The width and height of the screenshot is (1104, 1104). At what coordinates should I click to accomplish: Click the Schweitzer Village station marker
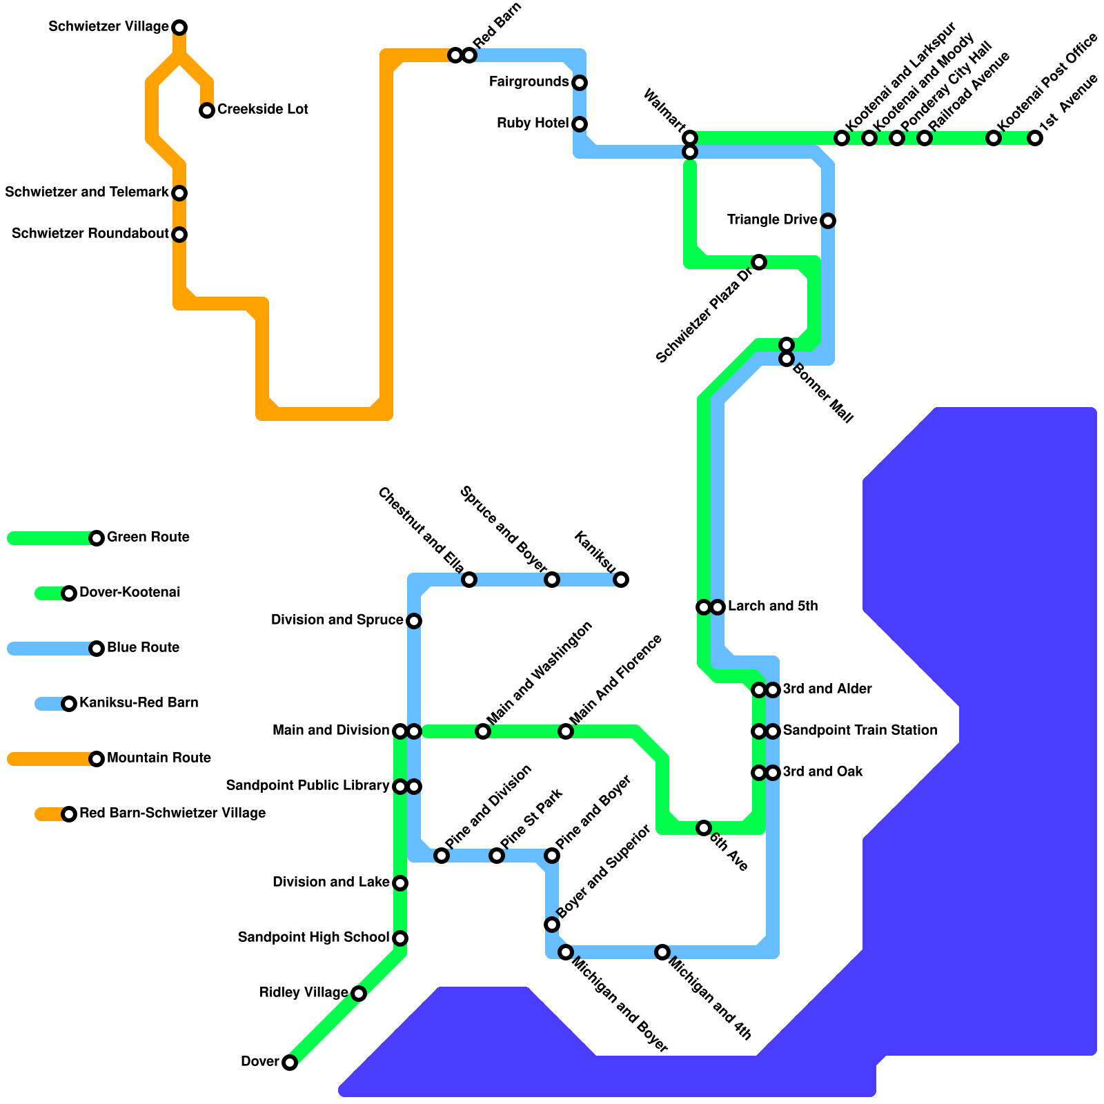coord(179,28)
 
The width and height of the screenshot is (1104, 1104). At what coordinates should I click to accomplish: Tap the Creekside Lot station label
coord(262,110)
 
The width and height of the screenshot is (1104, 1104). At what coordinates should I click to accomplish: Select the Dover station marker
coord(290,1063)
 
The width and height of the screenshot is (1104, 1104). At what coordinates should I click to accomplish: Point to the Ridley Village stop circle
coord(359,994)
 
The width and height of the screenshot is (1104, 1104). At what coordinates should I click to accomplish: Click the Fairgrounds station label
coord(529,82)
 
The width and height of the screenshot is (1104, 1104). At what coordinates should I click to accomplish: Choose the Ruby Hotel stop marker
coord(580,124)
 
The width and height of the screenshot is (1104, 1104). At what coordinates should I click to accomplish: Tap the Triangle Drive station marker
coord(828,221)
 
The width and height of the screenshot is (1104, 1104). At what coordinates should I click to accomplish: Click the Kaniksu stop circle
coord(621,580)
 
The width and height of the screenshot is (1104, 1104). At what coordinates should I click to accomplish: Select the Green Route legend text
coord(148,538)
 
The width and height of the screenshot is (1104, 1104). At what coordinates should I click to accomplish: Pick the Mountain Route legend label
coord(159,758)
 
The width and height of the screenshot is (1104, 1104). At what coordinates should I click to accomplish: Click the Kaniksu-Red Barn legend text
coord(139,703)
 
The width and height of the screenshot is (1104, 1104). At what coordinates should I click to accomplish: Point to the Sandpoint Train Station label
coord(860,731)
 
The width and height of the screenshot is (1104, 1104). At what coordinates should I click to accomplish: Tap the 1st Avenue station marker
coord(1035,138)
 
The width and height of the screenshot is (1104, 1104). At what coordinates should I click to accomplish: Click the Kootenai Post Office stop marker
coord(994,138)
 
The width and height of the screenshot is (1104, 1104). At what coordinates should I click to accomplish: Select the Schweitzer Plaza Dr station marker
coord(759,262)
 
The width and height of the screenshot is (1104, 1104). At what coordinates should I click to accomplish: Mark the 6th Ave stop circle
coord(704,828)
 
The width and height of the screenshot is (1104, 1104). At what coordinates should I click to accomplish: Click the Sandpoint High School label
coord(313,938)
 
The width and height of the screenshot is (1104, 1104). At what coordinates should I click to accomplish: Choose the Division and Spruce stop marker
coord(414,621)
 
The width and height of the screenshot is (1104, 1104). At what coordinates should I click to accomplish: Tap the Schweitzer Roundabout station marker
coord(179,235)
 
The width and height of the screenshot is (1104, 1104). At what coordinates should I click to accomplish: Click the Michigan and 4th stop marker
coord(662,952)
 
